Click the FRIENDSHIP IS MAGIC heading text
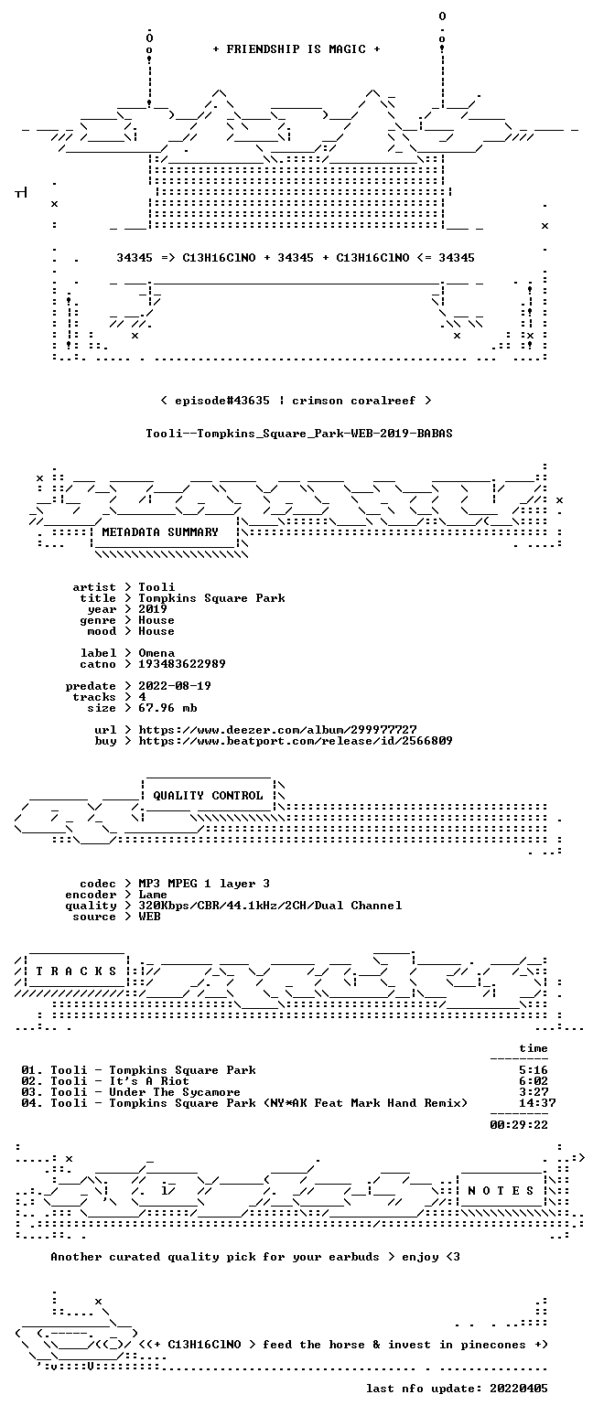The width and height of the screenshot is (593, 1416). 296,49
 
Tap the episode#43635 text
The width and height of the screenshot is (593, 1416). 221,401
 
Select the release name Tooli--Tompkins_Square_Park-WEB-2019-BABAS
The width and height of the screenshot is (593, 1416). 299,434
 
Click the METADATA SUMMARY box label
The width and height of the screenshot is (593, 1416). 160,532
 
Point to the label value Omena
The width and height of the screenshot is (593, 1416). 156,653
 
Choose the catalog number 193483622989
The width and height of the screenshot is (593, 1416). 182,664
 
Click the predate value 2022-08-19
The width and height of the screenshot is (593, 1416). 175,686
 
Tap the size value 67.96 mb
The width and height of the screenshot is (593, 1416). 167,708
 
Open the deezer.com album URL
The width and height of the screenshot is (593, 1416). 277,730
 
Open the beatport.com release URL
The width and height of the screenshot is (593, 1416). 296,741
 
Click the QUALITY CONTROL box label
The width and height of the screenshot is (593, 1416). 208,796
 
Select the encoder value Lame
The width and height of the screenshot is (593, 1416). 152,896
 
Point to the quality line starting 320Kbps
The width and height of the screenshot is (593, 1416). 270,906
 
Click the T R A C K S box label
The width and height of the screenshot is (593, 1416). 77,971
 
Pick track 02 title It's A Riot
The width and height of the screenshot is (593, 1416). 148,1081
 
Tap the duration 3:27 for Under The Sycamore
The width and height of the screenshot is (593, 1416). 533,1092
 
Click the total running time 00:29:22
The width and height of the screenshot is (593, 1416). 518,1125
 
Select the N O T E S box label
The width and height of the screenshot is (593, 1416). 501,1191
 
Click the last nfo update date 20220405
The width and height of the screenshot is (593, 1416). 518,1389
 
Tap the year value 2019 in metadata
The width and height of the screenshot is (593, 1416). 152,609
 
